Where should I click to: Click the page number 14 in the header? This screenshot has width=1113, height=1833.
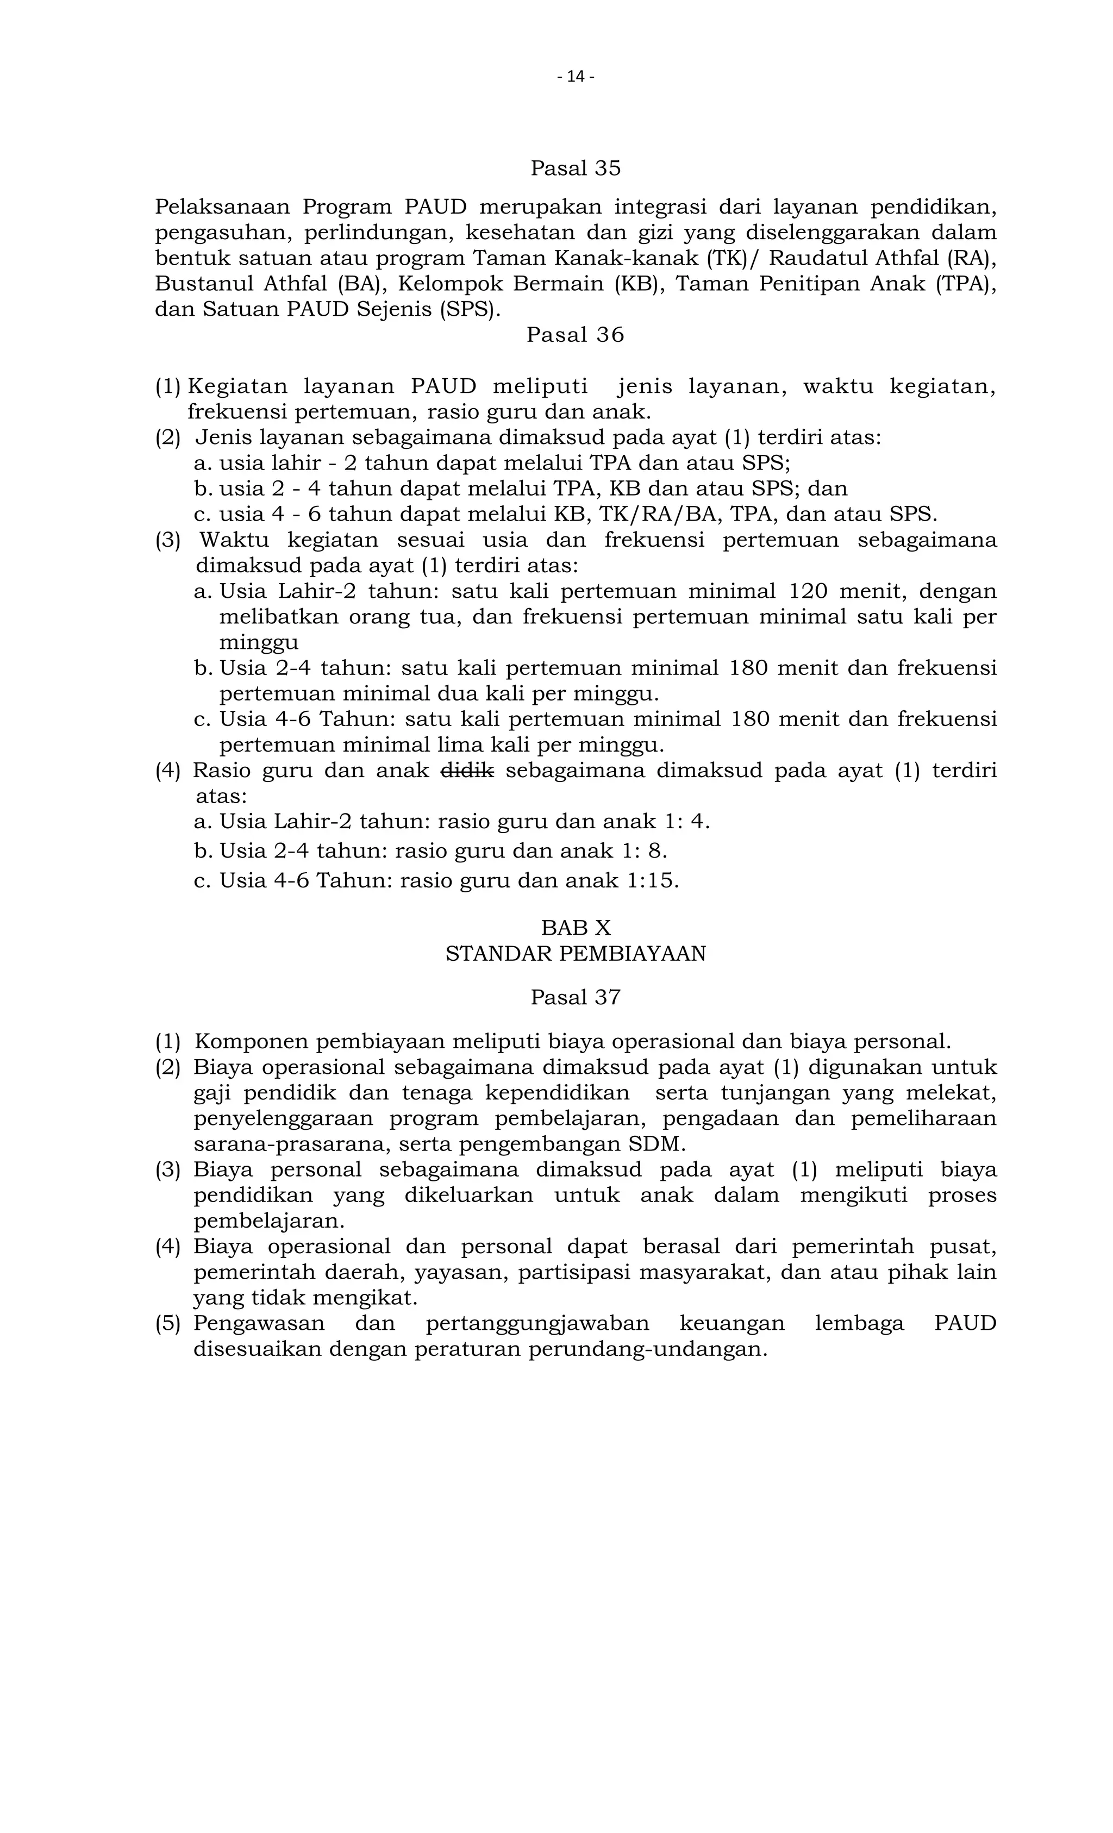click(575, 77)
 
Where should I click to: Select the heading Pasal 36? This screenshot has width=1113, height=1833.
click(575, 335)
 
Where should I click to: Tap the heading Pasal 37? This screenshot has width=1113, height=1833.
click(575, 997)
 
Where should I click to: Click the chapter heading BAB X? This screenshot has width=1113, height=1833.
click(575, 928)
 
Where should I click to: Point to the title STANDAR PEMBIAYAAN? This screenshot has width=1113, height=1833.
click(575, 954)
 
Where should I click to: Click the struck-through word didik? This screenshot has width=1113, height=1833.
click(467, 770)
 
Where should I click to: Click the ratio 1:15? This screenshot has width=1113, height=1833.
click(653, 881)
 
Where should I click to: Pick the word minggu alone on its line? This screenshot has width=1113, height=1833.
click(258, 643)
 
